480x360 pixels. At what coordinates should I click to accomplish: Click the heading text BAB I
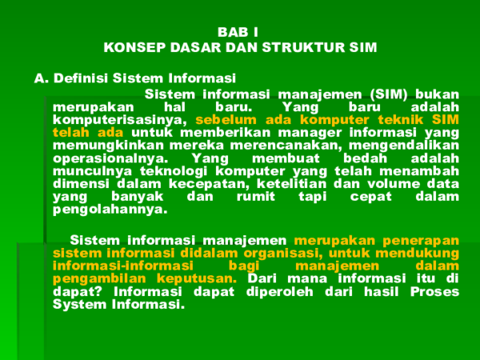point(238,32)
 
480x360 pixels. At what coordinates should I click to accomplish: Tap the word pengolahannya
point(110,210)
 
